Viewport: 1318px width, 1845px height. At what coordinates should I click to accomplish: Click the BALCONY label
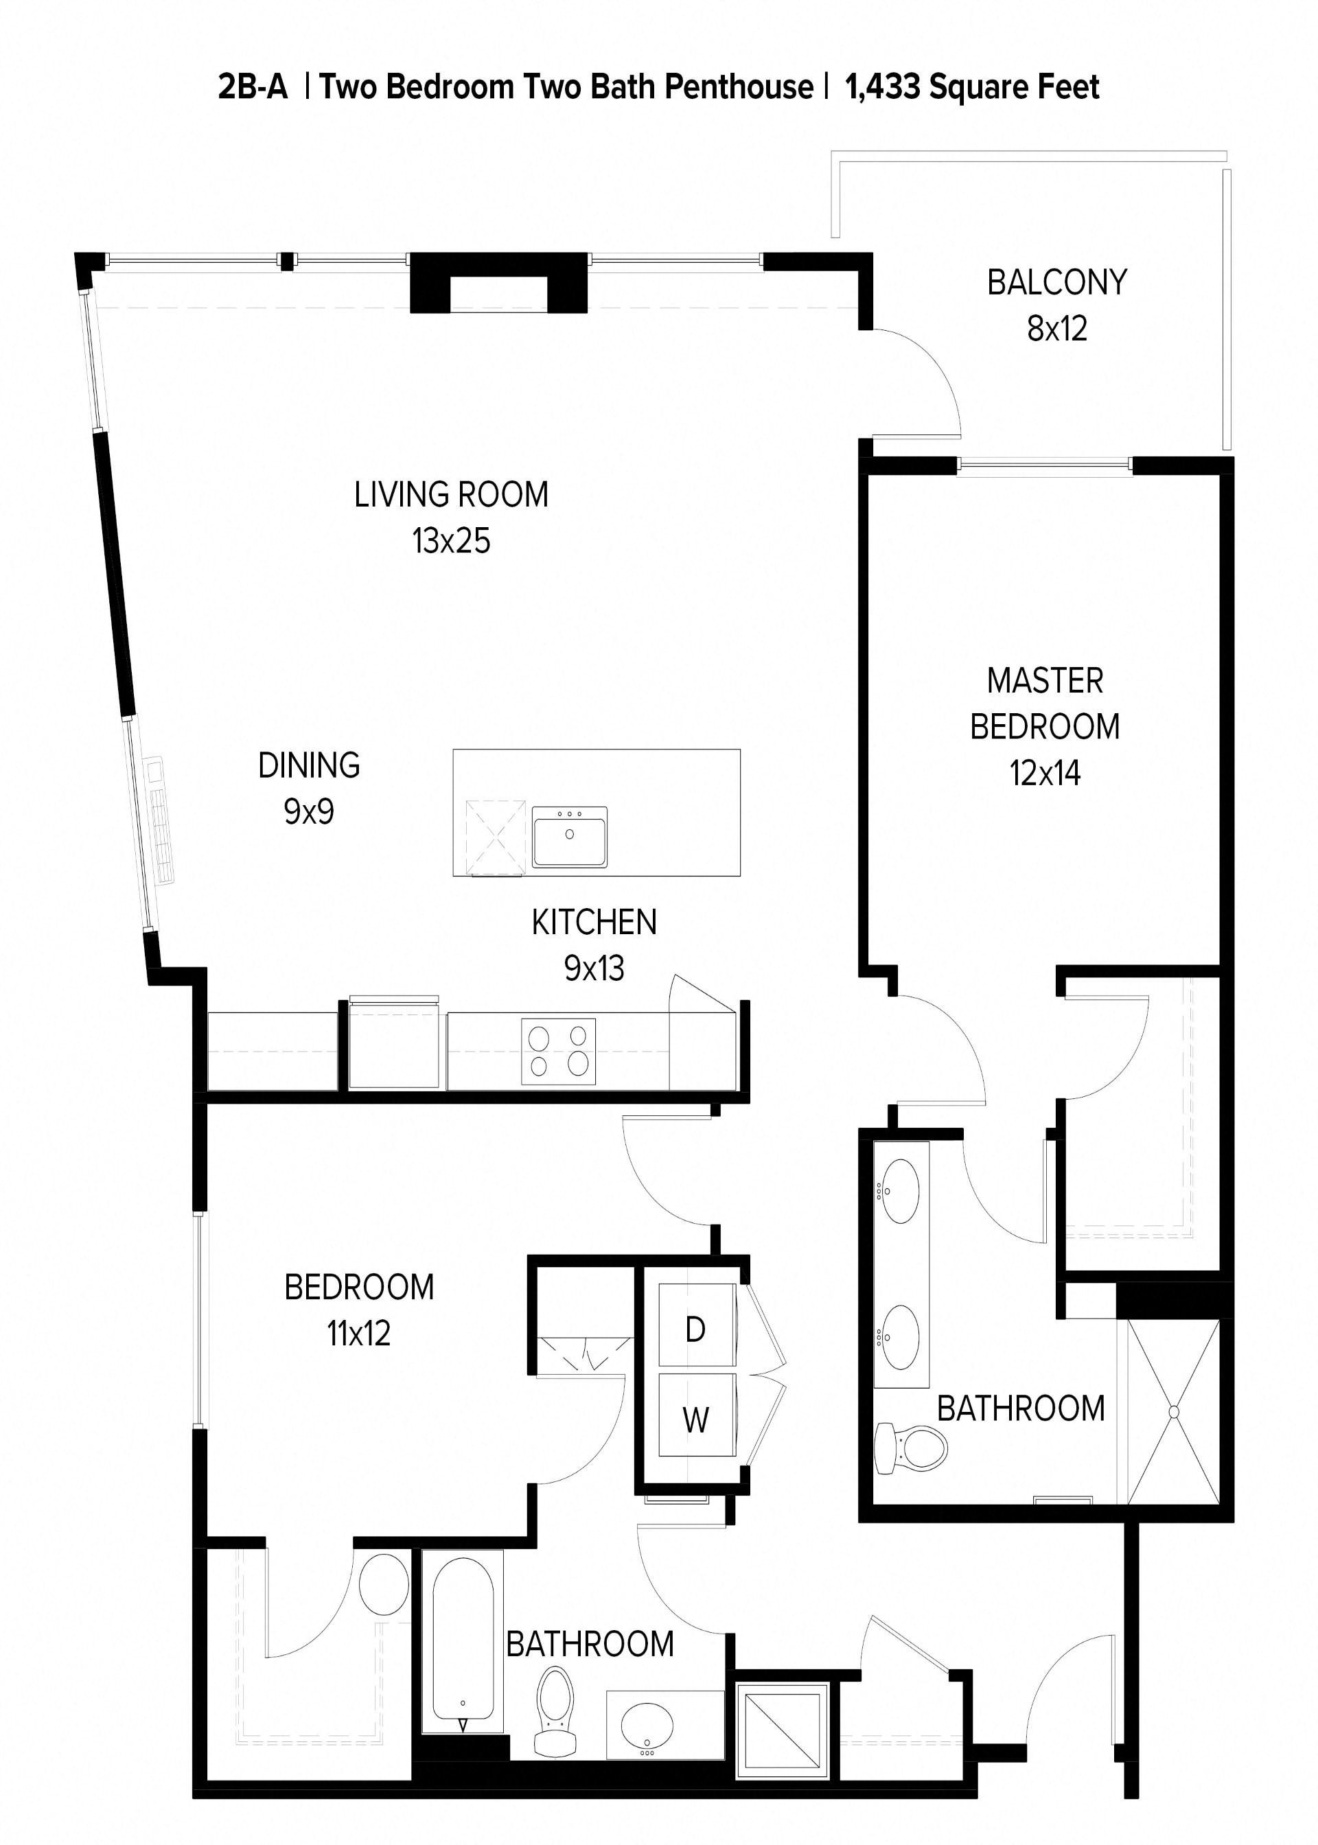click(1056, 282)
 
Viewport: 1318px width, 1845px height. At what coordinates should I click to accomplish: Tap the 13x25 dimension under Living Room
click(451, 541)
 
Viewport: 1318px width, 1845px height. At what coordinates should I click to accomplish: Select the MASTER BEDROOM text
click(1045, 704)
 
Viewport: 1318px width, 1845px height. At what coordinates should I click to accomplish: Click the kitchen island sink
click(570, 837)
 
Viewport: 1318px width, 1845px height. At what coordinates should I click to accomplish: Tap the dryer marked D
click(695, 1329)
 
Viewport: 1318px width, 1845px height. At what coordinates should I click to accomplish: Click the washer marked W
click(695, 1420)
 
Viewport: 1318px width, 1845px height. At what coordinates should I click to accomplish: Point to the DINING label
click(308, 765)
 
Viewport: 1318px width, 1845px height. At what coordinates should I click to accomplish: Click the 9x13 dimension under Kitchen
click(594, 968)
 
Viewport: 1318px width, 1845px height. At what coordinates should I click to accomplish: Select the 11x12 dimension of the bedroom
click(359, 1333)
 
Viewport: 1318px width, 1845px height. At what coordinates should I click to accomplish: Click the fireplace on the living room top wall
click(498, 284)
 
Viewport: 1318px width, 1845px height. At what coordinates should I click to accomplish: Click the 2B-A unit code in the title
click(253, 86)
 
